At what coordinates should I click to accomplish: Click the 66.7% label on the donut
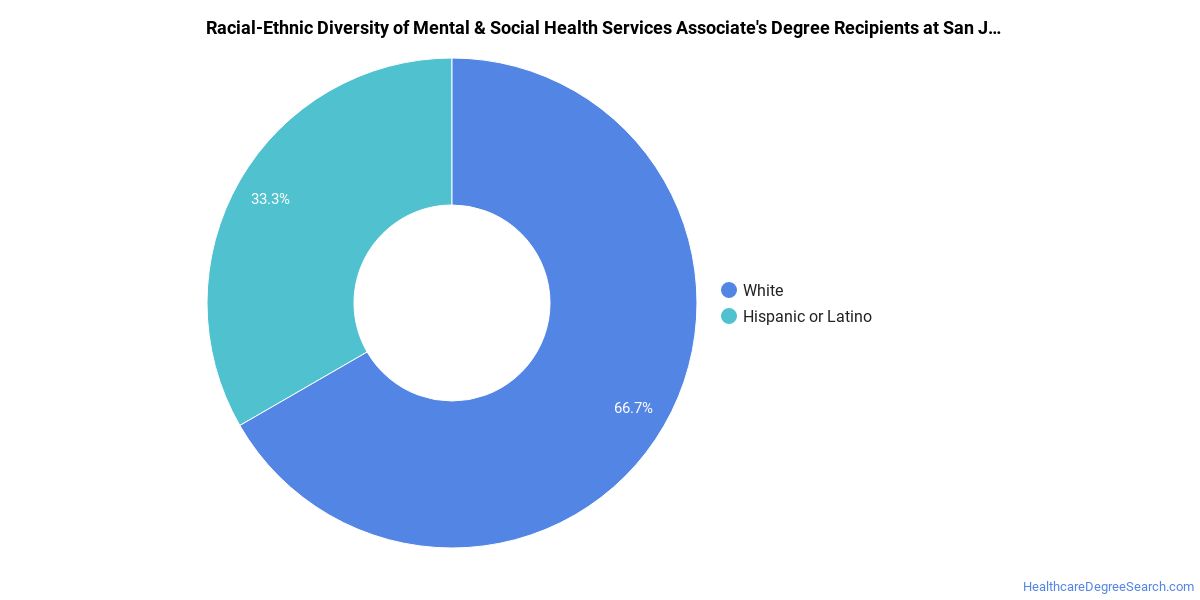pos(633,408)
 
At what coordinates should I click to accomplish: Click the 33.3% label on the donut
pos(270,199)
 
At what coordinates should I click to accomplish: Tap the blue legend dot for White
pos(729,290)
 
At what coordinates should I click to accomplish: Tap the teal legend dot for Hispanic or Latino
pos(729,316)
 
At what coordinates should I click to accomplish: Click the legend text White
pos(763,290)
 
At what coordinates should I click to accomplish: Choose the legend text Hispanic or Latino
pos(807,316)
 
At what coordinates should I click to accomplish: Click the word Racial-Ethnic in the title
pos(256,28)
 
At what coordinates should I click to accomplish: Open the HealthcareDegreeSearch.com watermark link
pos(1108,587)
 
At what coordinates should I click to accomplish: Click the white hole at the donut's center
pos(452,303)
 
